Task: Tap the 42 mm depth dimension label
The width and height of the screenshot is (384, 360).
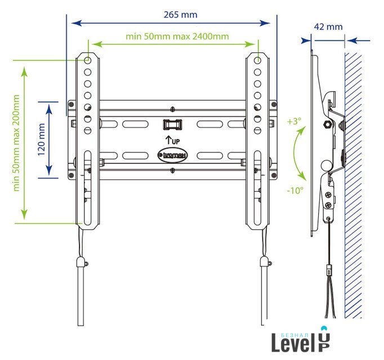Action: [x=328, y=26]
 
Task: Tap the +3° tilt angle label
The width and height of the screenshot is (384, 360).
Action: [x=294, y=121]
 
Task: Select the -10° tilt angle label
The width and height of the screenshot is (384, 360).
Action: [x=294, y=190]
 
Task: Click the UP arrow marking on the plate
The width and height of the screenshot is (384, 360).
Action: [x=172, y=139]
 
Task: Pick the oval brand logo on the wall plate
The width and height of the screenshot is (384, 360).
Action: [x=173, y=153]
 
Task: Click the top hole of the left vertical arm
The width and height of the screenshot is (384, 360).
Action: [x=88, y=60]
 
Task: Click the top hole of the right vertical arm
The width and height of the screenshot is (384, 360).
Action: [x=257, y=60]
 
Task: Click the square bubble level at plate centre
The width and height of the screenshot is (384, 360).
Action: [x=172, y=123]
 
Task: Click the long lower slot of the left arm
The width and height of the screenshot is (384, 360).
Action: [x=88, y=186]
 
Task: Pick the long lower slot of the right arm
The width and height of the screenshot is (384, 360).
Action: [x=257, y=186]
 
